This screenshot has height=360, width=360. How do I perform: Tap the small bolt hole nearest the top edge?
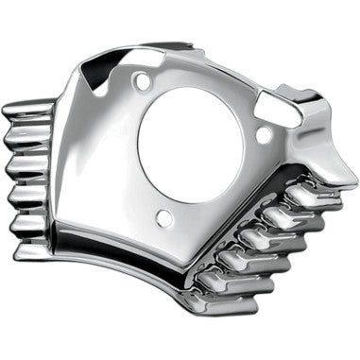pyautogui.click(x=143, y=82)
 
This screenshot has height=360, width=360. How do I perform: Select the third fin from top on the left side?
pyautogui.click(x=23, y=170)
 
